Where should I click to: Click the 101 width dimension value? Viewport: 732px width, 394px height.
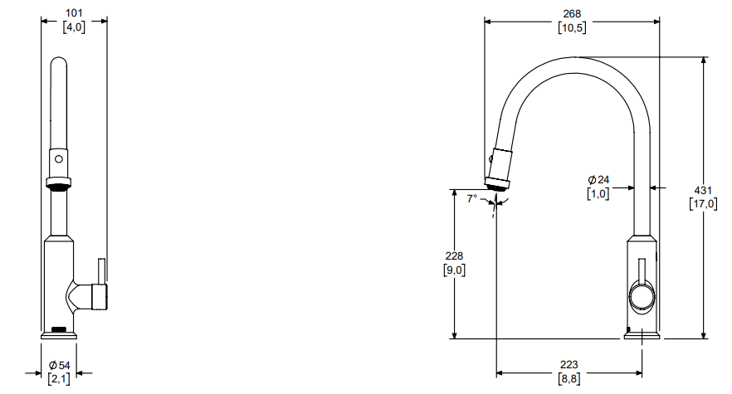74,13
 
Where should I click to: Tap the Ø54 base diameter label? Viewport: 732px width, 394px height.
59,366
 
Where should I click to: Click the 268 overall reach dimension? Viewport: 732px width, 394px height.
572,14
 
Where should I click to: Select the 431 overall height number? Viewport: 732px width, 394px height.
703,191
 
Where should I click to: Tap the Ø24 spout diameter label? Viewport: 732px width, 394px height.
598,180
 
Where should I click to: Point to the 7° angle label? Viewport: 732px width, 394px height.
472,198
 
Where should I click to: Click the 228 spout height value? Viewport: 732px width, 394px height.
454,255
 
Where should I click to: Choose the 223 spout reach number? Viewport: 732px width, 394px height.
569,365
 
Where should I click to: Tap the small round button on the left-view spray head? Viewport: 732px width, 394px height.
59,159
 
